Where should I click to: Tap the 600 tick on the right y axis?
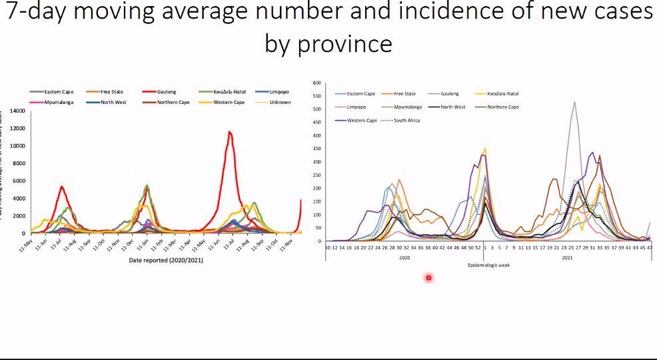point(317,83)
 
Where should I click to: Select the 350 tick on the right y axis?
point(317,149)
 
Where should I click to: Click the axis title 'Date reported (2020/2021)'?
point(165,260)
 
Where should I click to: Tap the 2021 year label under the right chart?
point(568,257)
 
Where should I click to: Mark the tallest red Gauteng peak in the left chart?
point(229,132)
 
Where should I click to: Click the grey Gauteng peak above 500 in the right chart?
point(574,102)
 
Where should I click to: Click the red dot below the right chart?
point(428,277)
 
